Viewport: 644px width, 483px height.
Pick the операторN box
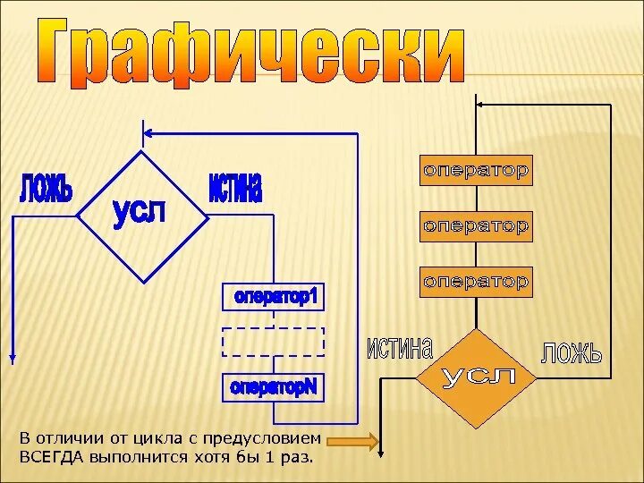coord(274,387)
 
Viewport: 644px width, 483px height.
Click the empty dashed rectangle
coord(274,343)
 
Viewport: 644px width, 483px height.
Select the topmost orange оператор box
coord(476,170)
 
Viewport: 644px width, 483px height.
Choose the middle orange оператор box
coord(476,225)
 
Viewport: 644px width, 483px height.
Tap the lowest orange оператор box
coord(476,281)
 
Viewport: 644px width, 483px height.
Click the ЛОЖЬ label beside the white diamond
coord(45,191)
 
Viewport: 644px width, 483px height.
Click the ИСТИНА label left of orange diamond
coord(399,348)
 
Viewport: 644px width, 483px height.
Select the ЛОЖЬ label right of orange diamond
coord(572,352)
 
